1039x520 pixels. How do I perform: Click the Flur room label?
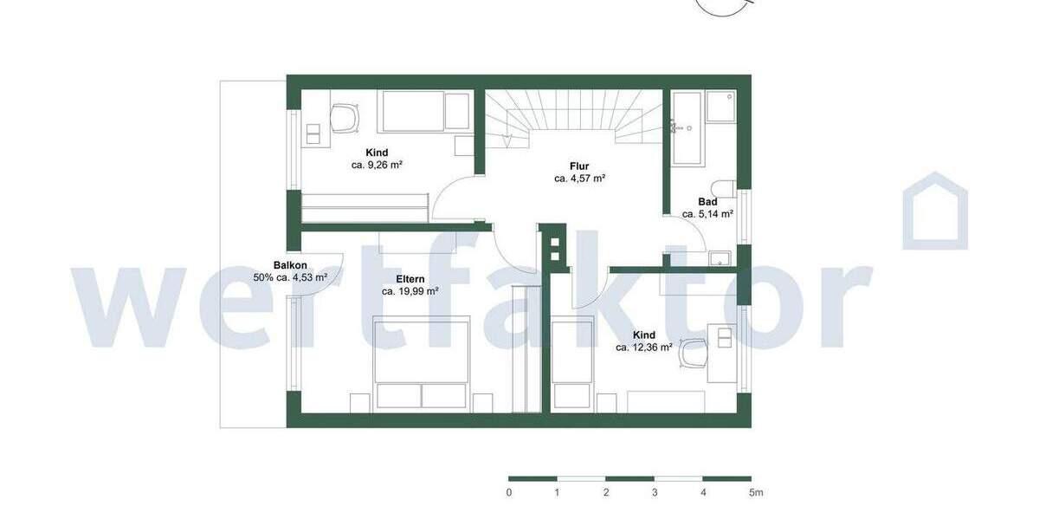pyautogui.click(x=579, y=166)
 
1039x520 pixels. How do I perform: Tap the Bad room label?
pyautogui.click(x=707, y=202)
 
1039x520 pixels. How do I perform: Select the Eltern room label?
pyautogui.click(x=410, y=279)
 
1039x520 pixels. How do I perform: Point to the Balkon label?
pyautogui.click(x=289, y=265)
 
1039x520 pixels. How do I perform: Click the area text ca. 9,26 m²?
pyautogui.click(x=377, y=165)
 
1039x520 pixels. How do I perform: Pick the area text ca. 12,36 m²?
pyautogui.click(x=644, y=348)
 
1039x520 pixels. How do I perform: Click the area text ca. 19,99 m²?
pyautogui.click(x=410, y=292)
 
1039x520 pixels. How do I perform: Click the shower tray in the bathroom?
pyautogui.click(x=720, y=107)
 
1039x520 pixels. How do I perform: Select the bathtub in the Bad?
pyautogui.click(x=687, y=127)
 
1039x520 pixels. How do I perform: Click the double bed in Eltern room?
pyautogui.click(x=422, y=362)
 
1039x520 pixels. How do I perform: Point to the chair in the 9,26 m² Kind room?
pyautogui.click(x=345, y=119)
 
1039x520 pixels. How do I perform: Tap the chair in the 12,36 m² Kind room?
pyautogui.click(x=694, y=353)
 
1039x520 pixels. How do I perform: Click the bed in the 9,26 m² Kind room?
pyautogui.click(x=424, y=112)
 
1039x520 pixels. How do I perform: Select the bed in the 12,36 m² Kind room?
pyautogui.click(x=572, y=364)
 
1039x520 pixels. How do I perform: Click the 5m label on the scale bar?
pyautogui.click(x=755, y=492)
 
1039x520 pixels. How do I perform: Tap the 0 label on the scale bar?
pyautogui.click(x=509, y=492)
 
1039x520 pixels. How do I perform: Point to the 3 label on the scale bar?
pyautogui.click(x=655, y=492)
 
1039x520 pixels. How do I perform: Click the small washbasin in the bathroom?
pyautogui.click(x=720, y=257)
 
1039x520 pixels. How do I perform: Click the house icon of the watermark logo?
pyautogui.click(x=935, y=212)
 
